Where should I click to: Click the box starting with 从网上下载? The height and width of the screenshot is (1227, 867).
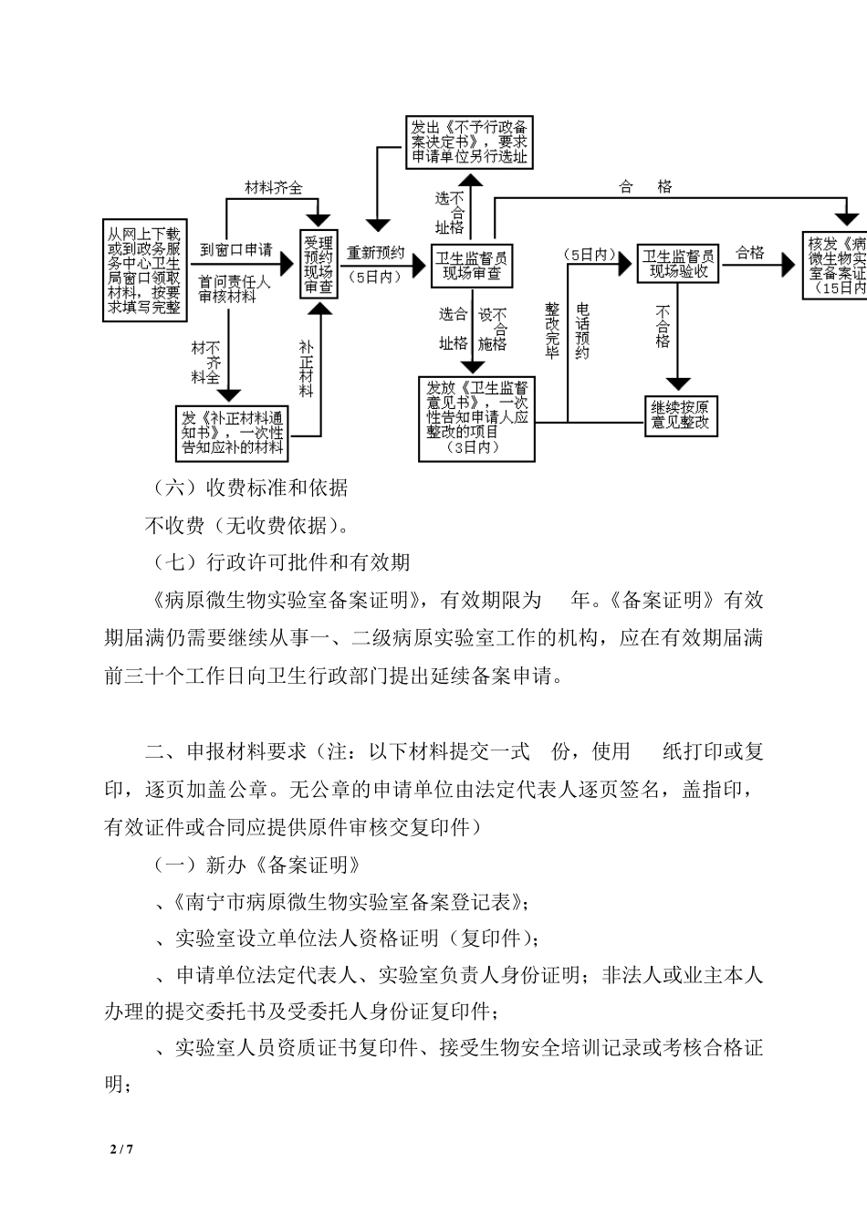145,270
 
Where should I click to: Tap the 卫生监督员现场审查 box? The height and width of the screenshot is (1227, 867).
471,264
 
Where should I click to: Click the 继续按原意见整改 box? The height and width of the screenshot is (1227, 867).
679,415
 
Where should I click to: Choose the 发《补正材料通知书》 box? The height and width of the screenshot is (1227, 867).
233,432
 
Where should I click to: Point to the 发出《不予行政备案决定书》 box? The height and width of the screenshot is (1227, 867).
468,142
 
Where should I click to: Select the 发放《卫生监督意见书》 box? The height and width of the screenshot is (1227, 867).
476,418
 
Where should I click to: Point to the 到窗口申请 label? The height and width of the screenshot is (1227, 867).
235,249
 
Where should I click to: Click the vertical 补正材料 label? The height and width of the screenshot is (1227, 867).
306,369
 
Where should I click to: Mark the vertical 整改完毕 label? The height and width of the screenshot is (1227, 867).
551,331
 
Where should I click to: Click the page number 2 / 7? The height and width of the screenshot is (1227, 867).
121,1149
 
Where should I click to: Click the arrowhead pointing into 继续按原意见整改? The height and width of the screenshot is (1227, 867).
677,383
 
